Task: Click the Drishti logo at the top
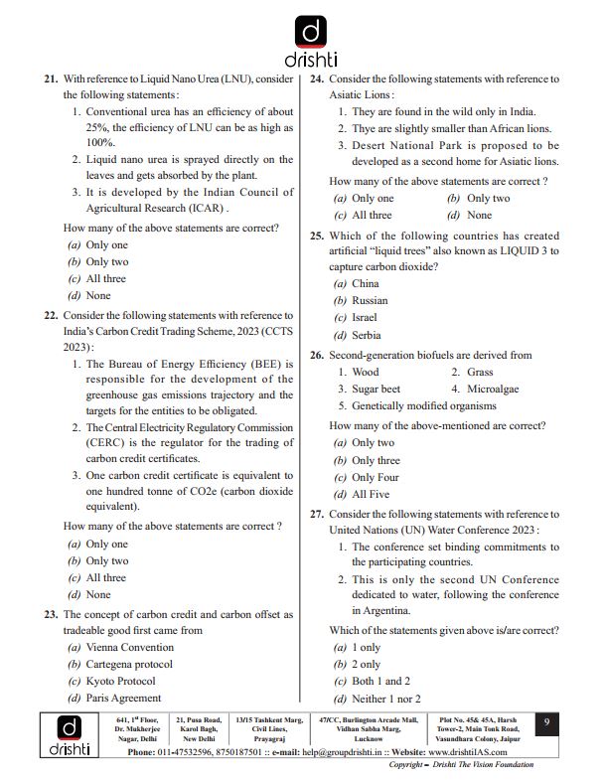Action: [x=312, y=40]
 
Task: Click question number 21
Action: [x=51, y=79]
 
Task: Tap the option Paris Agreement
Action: [x=123, y=698]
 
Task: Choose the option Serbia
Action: [x=366, y=335]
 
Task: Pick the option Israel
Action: [x=364, y=318]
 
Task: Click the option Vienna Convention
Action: [x=129, y=647]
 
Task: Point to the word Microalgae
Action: [x=493, y=390]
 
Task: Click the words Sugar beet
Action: [x=376, y=390]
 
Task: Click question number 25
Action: [x=317, y=235]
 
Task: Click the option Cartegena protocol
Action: [x=129, y=664]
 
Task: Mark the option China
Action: [x=366, y=283]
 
